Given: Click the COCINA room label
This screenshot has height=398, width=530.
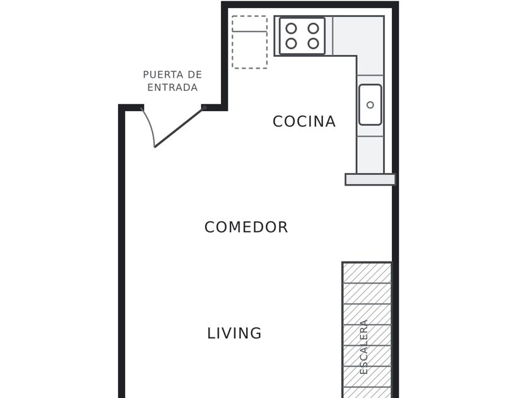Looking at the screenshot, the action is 304,121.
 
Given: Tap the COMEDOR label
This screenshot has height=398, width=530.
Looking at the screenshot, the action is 246,227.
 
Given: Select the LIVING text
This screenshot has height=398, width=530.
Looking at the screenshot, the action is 234,334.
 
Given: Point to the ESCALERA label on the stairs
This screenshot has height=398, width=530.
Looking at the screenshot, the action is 363,347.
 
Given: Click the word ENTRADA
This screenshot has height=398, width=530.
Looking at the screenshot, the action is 172,87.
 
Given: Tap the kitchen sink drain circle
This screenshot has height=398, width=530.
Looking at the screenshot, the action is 370,105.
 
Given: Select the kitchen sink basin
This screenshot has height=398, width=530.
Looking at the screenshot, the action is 370,105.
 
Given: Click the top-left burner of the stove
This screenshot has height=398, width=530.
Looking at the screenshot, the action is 291,28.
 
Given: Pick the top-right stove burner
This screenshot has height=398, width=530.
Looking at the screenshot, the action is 314,28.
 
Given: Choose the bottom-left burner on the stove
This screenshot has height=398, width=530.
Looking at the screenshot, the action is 291,44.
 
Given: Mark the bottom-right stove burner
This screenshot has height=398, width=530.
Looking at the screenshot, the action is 314,44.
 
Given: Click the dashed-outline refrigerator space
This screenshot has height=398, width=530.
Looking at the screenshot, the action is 250,42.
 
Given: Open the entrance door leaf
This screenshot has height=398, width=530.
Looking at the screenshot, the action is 179,128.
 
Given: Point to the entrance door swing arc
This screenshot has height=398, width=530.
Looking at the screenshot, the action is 150,126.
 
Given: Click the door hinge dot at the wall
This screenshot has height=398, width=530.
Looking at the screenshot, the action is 204,107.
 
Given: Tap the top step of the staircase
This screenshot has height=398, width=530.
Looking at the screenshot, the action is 367,273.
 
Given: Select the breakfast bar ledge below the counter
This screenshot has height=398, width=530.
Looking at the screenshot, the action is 370,179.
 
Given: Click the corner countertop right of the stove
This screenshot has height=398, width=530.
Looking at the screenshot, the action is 358,35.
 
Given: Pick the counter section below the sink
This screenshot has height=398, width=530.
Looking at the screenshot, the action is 370,155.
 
